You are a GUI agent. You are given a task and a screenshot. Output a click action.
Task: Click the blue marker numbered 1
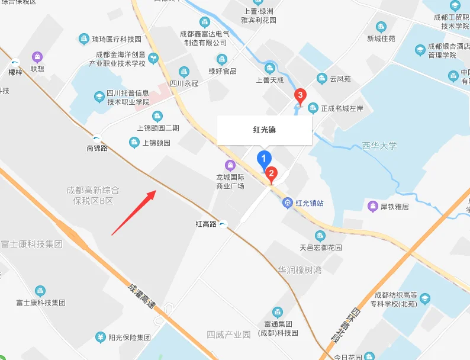coord(263,159)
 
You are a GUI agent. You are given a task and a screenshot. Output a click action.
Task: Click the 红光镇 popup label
coord(264,129)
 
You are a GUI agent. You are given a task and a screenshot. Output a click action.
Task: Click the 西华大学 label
coord(379,146)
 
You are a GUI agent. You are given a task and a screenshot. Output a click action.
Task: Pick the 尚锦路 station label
coord(96,148)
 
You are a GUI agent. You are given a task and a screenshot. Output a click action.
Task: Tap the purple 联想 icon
coord(38,57)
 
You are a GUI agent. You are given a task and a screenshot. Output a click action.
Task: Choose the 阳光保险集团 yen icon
coord(100,337)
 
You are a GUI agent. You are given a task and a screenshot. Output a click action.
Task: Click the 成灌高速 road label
coord(141,296)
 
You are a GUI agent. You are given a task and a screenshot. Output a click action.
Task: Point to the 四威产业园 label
coord(229,335)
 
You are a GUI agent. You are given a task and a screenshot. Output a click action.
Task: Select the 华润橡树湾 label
coord(300,270)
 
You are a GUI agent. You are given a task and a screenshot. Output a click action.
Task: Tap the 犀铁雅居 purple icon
coord(373,206)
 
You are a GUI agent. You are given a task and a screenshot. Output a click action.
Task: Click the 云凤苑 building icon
coord(322,78)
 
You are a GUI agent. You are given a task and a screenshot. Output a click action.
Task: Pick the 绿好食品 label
coord(222,71)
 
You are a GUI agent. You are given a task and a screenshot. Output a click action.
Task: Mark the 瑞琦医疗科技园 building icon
coord(84,39)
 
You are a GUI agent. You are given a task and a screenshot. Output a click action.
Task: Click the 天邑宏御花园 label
coord(320,247)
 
